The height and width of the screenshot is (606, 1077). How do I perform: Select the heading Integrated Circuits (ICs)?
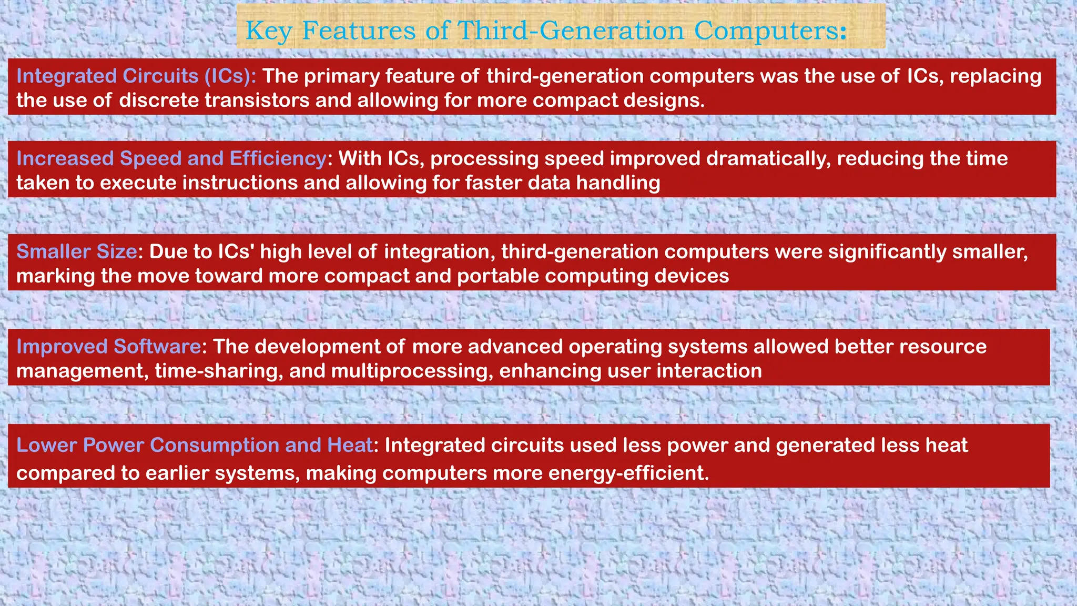(x=136, y=76)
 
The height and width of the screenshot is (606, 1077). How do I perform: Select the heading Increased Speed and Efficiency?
(x=171, y=159)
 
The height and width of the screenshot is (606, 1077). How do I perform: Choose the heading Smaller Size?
(x=77, y=252)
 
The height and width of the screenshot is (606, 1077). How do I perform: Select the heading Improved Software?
(x=108, y=347)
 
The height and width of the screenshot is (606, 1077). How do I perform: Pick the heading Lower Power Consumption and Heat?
(x=194, y=446)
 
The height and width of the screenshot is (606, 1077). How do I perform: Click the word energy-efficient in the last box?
(x=628, y=473)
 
